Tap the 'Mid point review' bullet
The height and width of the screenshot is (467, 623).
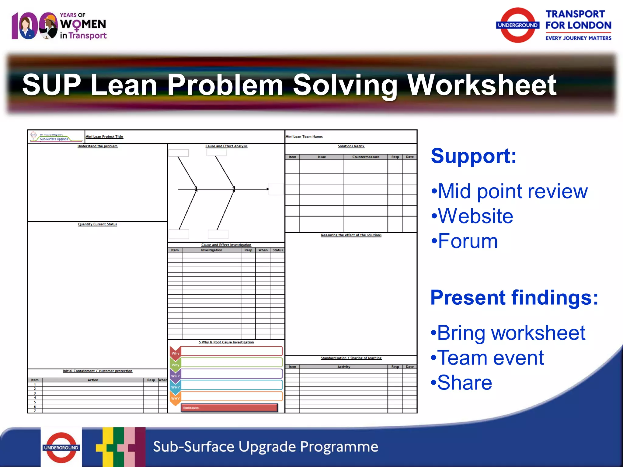click(x=510, y=192)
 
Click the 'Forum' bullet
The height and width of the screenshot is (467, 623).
click(x=465, y=241)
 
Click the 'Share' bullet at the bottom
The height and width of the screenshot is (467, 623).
click(x=461, y=383)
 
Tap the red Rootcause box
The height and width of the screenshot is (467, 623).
click(x=229, y=408)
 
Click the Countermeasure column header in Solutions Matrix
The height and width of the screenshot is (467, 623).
click(x=366, y=157)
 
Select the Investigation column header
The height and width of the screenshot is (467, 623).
click(x=211, y=250)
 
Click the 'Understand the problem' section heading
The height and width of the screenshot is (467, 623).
click(x=97, y=146)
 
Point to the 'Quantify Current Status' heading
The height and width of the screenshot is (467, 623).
click(x=97, y=224)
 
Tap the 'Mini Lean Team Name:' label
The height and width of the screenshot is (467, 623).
click(x=304, y=137)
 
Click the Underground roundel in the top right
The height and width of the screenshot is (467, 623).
click(x=517, y=25)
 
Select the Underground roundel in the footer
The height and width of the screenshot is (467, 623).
click(x=61, y=448)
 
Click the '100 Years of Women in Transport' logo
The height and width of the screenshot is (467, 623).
click(x=59, y=26)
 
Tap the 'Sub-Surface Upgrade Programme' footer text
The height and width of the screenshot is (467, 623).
click(x=266, y=447)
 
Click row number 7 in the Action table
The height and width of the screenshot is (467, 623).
click(x=35, y=411)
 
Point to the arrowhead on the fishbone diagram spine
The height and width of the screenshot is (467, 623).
click(x=267, y=189)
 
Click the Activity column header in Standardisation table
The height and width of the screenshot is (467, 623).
click(x=344, y=367)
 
